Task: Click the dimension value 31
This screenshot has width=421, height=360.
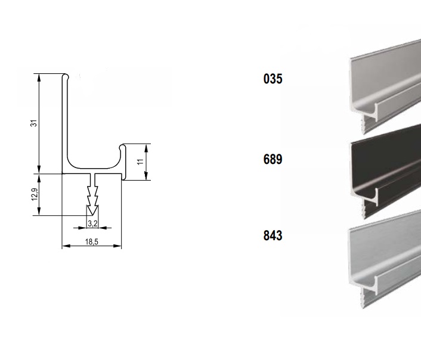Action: coord(34,123)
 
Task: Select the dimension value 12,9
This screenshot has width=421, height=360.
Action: coord(35,194)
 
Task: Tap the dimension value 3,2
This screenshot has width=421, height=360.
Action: coord(92,224)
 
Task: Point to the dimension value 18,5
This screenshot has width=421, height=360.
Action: coord(92,241)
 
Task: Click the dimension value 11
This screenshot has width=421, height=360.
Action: coord(140,162)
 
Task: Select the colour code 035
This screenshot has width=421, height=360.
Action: coord(273,79)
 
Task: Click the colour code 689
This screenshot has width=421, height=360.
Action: coord(273,159)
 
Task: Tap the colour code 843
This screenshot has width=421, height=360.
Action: coord(273,235)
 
